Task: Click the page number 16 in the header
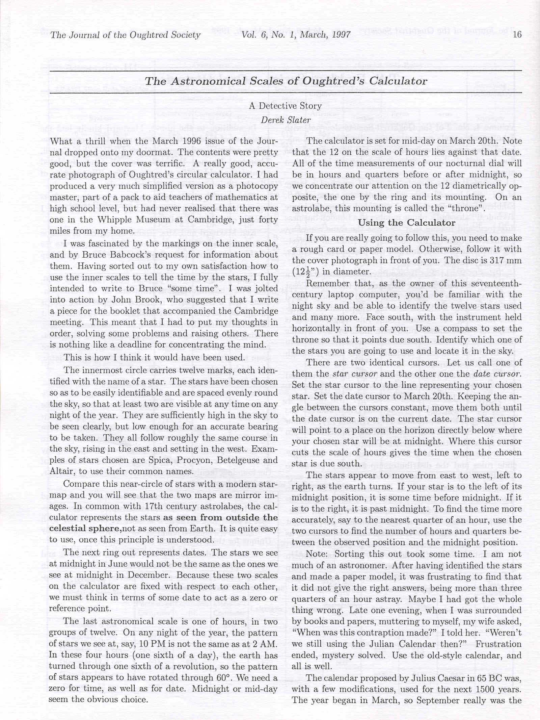tap(517, 34)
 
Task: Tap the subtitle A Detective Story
tap(285, 106)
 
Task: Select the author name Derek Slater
tap(286, 120)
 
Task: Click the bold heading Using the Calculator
tap(407, 223)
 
